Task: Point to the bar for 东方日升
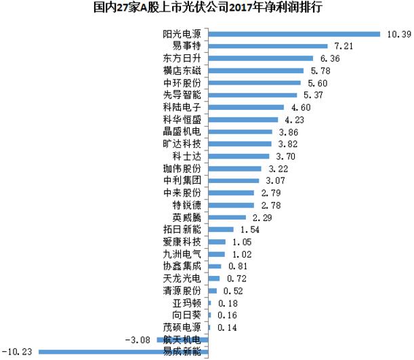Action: [260, 58]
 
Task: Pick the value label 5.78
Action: [322, 71]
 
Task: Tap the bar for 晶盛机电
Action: [240, 132]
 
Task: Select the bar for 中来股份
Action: [231, 193]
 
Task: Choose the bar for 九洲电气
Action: [216, 254]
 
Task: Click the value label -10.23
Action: [18, 351]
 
